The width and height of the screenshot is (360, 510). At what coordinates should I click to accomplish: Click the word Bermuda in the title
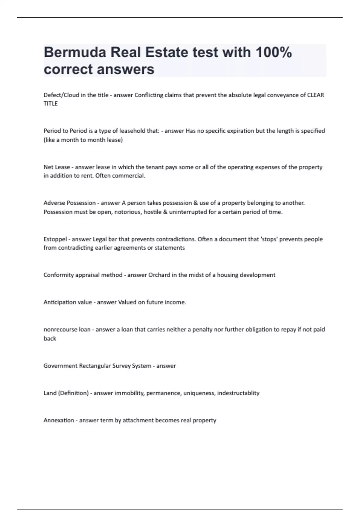coord(75,52)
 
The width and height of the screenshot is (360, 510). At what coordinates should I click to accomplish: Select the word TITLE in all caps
coord(50,103)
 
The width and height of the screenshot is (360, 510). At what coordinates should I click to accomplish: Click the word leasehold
coord(133,131)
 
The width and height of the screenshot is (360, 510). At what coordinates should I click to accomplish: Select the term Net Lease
coord(57,167)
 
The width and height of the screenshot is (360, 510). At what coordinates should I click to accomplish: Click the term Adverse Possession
coord(70,203)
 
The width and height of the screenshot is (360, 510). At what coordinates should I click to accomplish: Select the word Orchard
coord(159,275)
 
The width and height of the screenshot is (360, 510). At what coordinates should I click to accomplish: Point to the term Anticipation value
coord(68,302)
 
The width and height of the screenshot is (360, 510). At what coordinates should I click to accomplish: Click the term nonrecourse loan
coord(67,329)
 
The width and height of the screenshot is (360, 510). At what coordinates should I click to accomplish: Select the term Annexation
coord(59,420)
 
